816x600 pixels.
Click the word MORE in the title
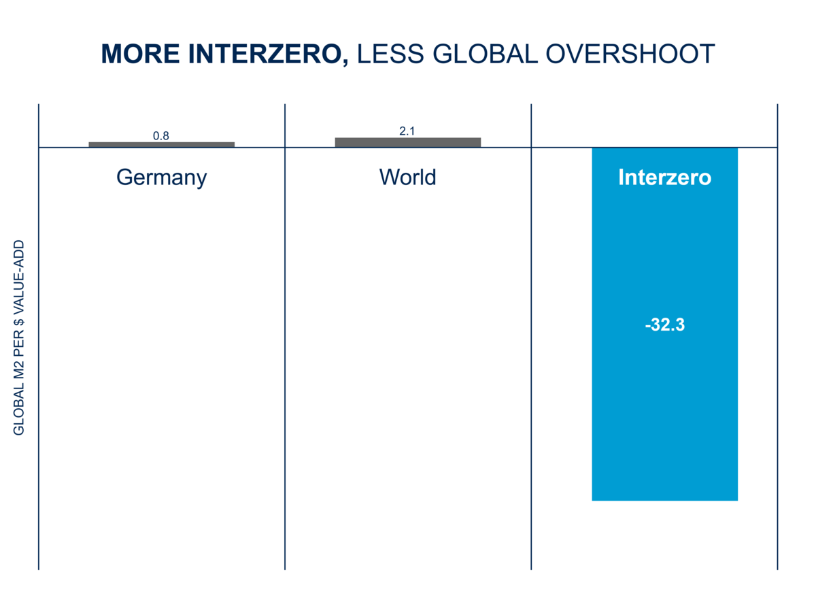140,54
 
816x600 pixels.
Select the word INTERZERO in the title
265,54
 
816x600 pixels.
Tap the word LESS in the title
390,54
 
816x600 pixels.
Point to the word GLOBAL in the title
485,54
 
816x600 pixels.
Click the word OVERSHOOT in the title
630,54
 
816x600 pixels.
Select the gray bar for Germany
162,145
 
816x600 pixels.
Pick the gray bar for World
408,143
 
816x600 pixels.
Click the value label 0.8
161,136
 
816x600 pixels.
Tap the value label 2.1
407,131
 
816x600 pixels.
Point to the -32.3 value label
665,324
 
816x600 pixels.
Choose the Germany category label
162,178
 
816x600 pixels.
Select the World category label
407,177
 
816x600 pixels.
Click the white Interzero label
665,178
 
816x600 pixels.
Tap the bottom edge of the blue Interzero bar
665,501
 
